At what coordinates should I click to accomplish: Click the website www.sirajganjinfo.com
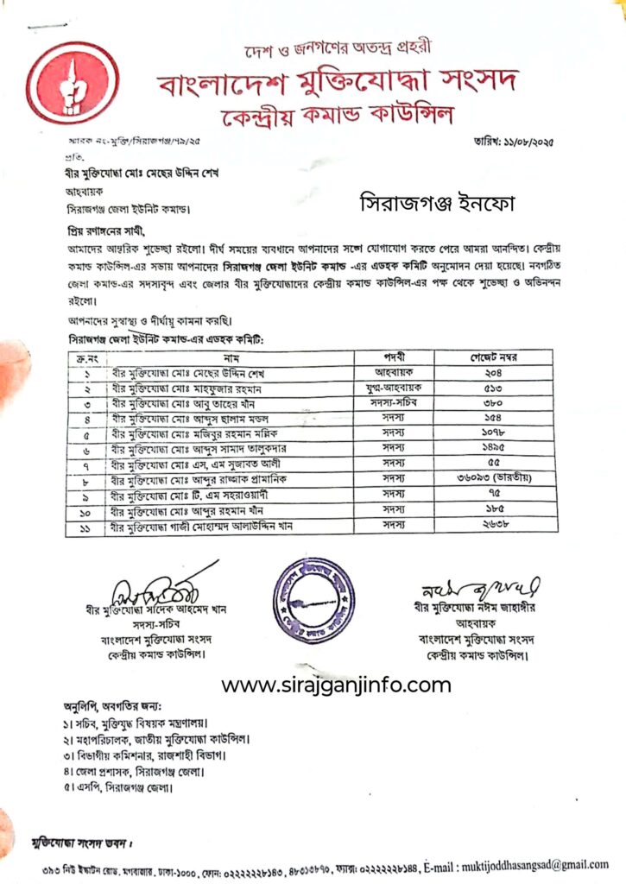[337, 686]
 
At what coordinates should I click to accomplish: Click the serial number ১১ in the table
[86, 523]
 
